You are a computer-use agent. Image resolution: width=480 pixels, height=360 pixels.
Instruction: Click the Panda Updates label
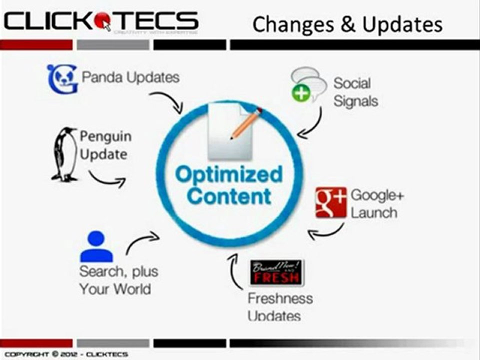[130, 77]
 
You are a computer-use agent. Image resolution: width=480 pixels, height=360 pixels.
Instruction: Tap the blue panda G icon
[62, 79]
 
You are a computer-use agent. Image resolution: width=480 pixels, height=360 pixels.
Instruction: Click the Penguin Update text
[105, 145]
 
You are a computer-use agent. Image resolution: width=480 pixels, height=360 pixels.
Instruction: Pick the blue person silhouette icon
[96, 246]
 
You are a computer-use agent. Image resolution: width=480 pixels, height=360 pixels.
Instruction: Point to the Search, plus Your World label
[118, 280]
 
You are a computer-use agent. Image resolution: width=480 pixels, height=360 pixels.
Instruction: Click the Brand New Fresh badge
[276, 272]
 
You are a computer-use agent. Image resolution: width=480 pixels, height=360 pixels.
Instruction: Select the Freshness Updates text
[280, 307]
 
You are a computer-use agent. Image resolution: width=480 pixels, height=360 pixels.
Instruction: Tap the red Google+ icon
[330, 202]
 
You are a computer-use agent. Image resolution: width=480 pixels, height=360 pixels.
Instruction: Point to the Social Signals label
[355, 92]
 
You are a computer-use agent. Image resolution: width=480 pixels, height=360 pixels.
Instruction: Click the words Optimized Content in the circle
[229, 185]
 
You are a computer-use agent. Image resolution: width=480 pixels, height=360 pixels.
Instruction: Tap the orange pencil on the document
[246, 123]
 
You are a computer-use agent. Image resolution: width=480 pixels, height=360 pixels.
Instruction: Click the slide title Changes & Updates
[347, 24]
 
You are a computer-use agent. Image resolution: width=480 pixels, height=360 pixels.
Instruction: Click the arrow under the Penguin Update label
[107, 180]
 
